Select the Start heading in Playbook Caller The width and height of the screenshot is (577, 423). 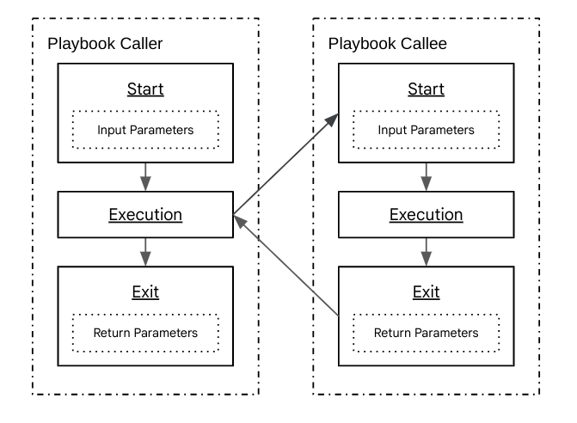[x=144, y=89]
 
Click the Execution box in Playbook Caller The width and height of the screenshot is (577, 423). [x=144, y=214]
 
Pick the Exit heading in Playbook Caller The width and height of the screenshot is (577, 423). [x=144, y=291]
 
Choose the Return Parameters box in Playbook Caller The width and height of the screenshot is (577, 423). [x=144, y=332]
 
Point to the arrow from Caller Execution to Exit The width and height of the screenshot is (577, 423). [x=144, y=252]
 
